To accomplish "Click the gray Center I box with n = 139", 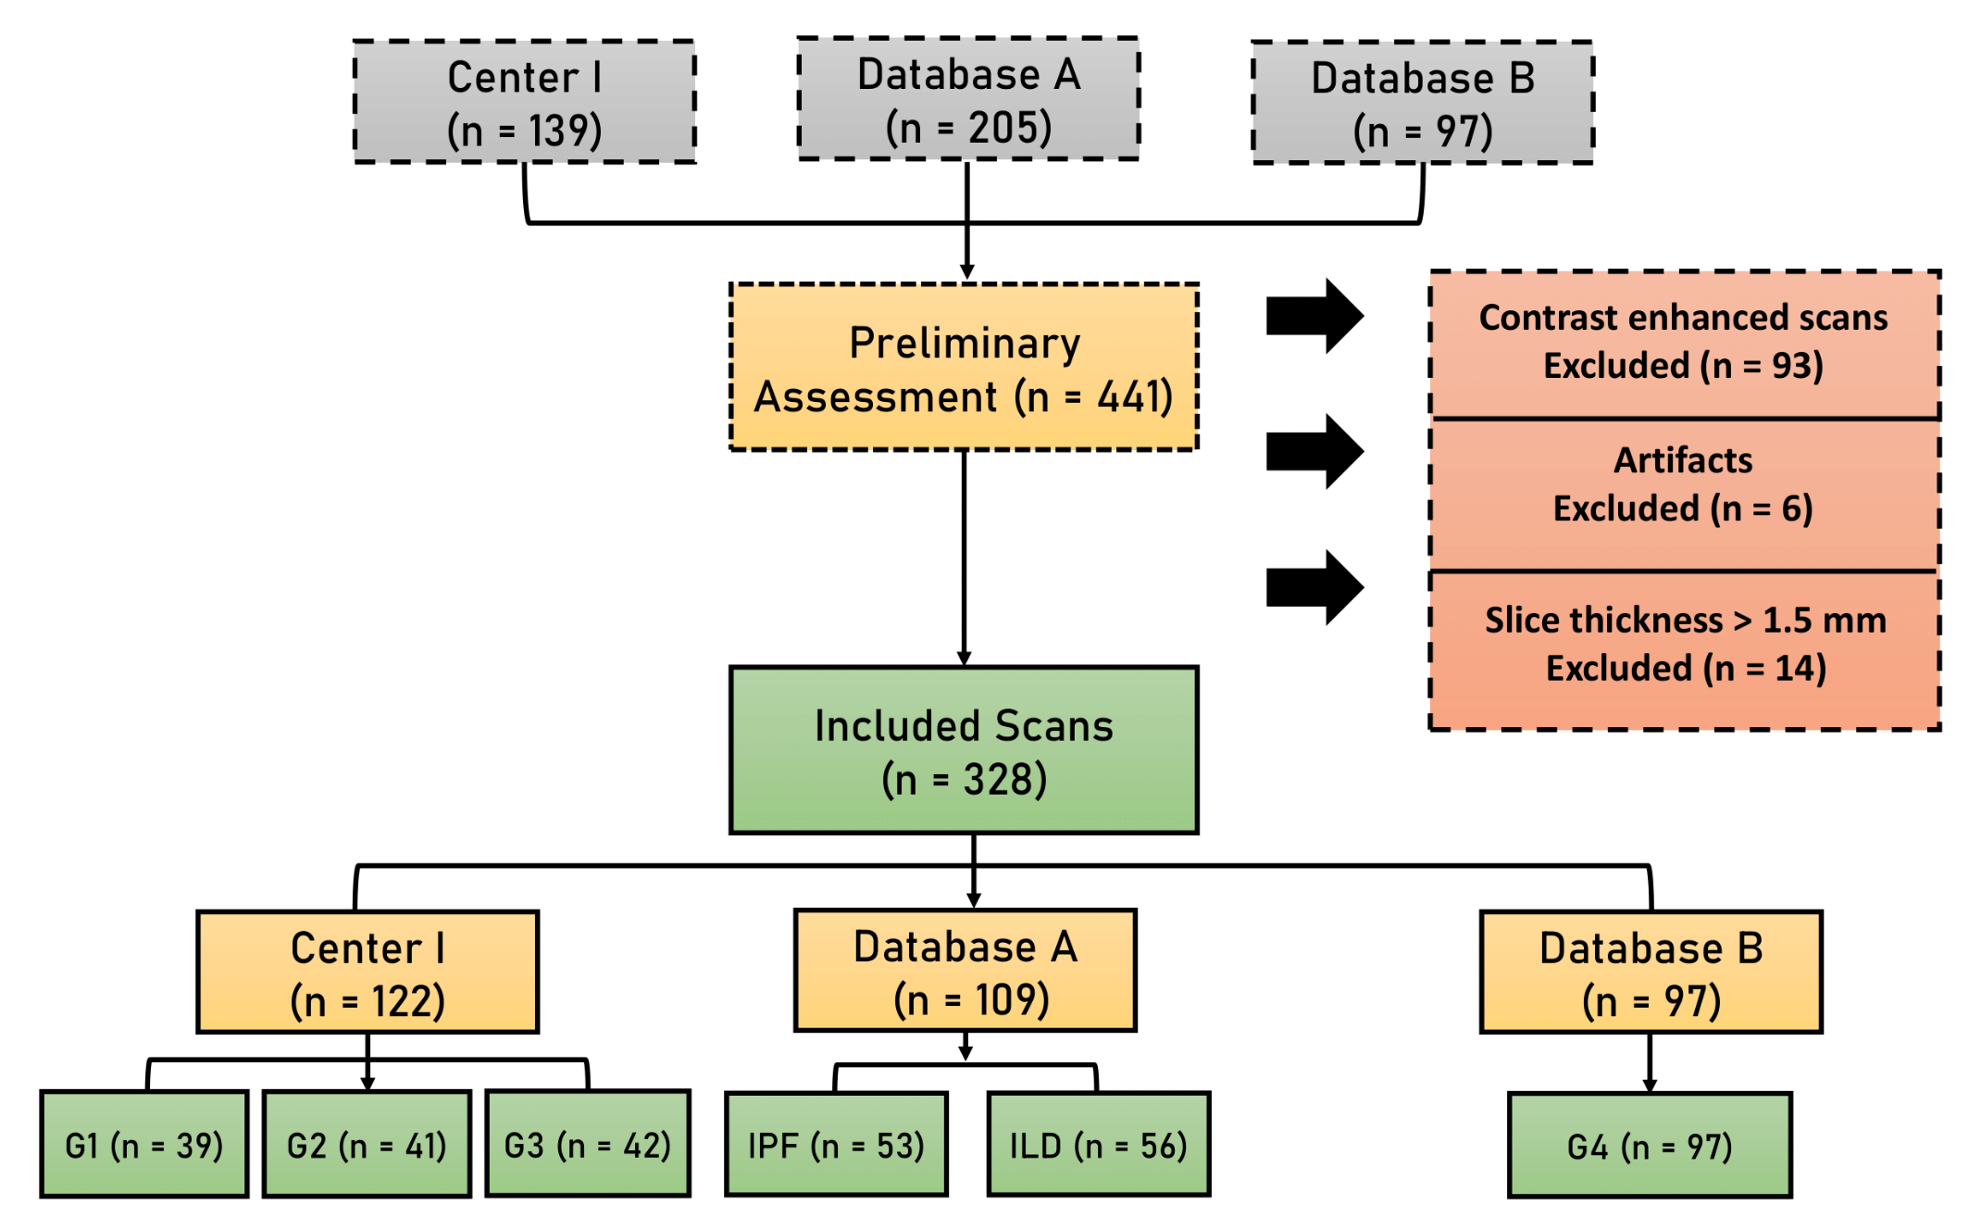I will [525, 102].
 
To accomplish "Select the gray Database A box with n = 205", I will [968, 99].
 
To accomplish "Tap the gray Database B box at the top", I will [1423, 103].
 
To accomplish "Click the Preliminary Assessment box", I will [964, 367].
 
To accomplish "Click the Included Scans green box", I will [964, 750].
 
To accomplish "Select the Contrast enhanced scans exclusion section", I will [1684, 342].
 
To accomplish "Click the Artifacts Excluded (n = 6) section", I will [1684, 484].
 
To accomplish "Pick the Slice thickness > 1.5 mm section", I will [1684, 645].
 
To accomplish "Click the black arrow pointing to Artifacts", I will [1314, 451].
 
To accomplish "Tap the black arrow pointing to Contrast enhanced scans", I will [1314, 316].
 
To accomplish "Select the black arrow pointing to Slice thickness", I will [1314, 587].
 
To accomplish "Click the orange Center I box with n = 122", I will [368, 973].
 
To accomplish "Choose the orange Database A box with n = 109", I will [965, 971].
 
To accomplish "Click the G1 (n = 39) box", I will [144, 1145].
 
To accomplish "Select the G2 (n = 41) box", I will [367, 1145].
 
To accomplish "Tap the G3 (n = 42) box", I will [588, 1145].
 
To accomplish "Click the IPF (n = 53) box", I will [836, 1145].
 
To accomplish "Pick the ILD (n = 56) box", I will [1099, 1145].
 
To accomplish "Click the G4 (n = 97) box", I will [1650, 1147].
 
